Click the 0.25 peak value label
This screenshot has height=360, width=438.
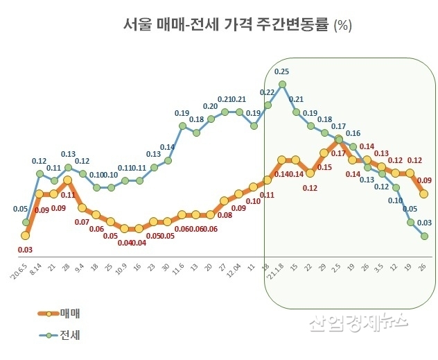[282, 71]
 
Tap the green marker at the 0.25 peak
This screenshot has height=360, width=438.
[282, 85]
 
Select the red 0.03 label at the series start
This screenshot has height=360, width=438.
[25, 250]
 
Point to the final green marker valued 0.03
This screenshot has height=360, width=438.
[424, 237]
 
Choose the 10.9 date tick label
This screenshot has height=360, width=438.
[123, 267]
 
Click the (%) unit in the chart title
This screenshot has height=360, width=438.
[343, 26]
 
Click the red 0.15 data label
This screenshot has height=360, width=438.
[324, 167]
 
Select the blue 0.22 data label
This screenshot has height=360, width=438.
[268, 92]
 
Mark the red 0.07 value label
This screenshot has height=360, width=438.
[82, 222]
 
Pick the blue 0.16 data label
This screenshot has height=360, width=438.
[353, 133]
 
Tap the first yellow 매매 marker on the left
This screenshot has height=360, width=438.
[25, 236]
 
